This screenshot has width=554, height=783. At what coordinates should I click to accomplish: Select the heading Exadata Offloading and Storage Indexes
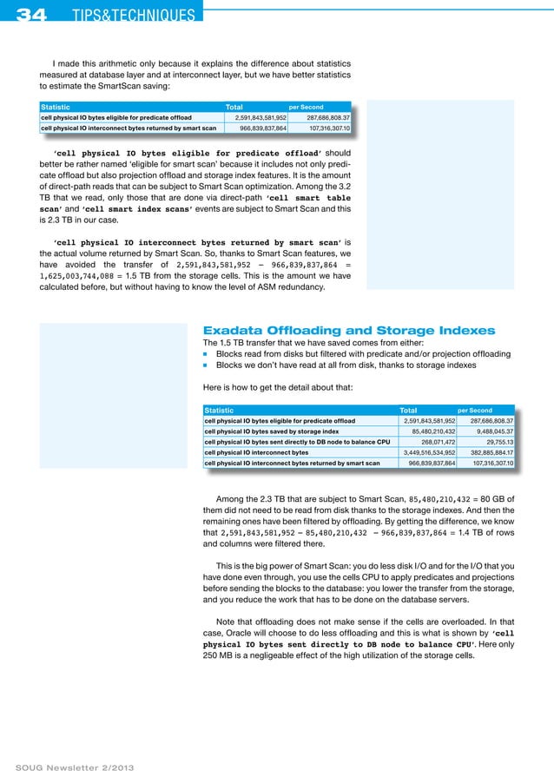pos(348,330)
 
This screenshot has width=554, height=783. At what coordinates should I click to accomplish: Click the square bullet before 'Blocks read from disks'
pos(207,354)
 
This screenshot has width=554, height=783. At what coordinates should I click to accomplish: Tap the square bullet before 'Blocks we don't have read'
pos(207,365)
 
